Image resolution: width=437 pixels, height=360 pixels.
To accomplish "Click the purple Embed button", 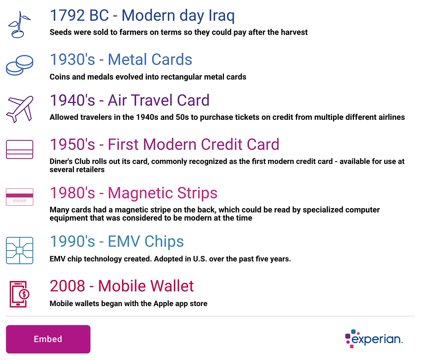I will (x=48, y=339).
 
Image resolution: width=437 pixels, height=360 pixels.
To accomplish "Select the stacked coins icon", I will (x=20, y=65).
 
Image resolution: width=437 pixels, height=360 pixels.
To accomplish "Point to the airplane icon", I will (x=20, y=109).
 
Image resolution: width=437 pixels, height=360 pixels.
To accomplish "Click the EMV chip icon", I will (x=20, y=250).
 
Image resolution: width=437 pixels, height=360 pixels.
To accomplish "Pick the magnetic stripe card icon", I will (x=20, y=197).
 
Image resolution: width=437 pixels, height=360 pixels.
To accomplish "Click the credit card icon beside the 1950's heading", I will (x=20, y=149).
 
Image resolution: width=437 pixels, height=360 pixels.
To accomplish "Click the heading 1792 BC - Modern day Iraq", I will (x=142, y=15).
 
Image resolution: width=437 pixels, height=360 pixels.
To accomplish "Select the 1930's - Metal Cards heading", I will (x=121, y=59).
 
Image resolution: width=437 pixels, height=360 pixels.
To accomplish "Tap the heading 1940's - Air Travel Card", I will (x=129, y=100).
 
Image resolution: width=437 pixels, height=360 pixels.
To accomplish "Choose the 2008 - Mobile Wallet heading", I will (x=122, y=286).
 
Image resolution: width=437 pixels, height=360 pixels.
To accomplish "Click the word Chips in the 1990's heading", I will (x=164, y=241).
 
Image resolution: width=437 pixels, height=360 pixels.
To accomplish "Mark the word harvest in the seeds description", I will (x=294, y=32).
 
